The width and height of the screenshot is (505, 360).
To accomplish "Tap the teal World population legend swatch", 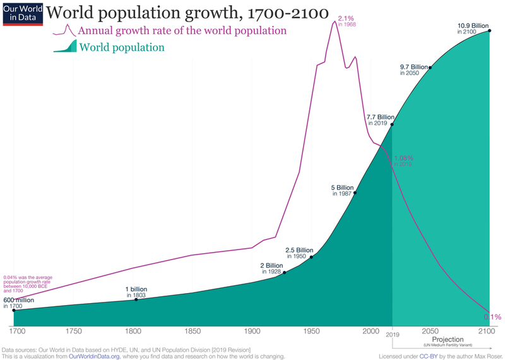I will click(x=66, y=47).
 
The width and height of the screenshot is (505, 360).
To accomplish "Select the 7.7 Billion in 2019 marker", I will click(x=392, y=125).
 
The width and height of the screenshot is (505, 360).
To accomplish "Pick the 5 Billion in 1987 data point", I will click(x=356, y=193).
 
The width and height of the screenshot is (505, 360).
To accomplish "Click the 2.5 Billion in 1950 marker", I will click(x=311, y=257).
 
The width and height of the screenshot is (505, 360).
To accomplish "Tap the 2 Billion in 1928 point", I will click(x=285, y=272).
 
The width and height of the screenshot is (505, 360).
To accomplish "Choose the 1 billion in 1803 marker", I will click(x=136, y=299).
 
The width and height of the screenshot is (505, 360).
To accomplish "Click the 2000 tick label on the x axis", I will click(x=371, y=330).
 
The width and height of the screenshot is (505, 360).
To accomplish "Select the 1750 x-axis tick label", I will click(x=73, y=330).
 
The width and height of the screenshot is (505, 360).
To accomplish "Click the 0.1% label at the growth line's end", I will click(x=492, y=316).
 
